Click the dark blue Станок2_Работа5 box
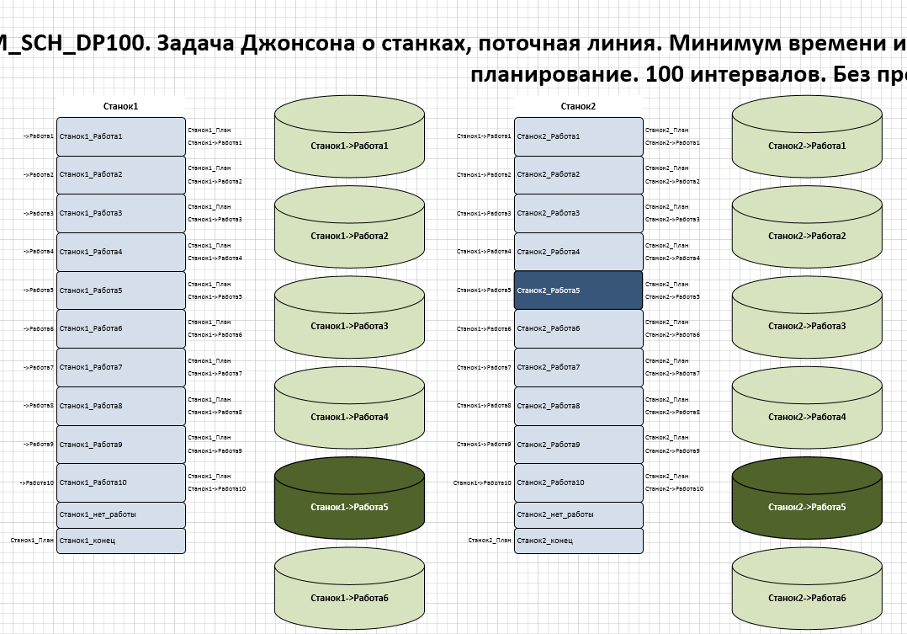(x=578, y=290)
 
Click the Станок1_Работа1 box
(x=120, y=136)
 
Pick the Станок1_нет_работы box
(x=120, y=514)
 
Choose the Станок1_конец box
(x=120, y=541)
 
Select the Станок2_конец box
(x=578, y=541)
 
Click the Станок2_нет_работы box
(x=578, y=514)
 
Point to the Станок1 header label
(x=120, y=107)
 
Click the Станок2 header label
(x=578, y=107)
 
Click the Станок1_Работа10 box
(x=120, y=482)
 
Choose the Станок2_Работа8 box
(x=578, y=406)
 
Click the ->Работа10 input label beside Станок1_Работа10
(x=38, y=483)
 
